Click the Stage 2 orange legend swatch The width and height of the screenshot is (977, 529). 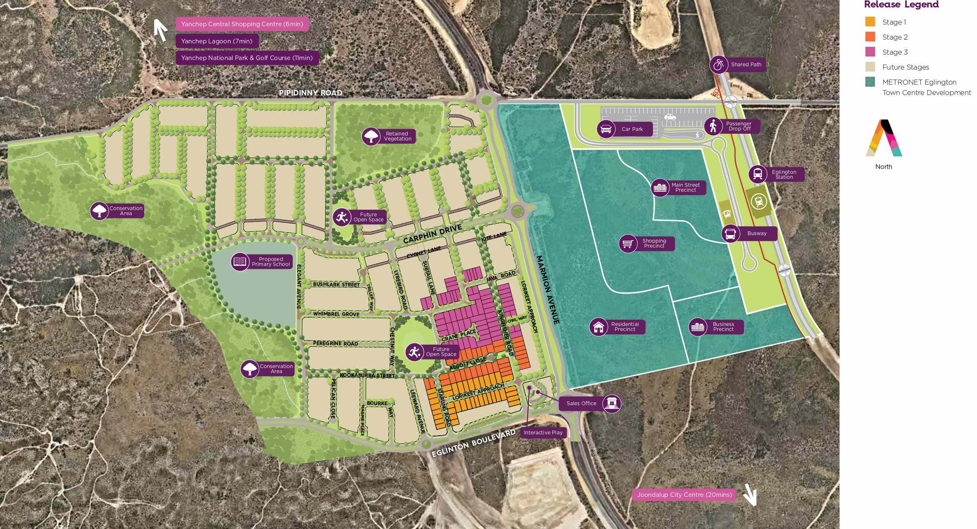870,37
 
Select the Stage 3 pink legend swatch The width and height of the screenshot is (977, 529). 870,52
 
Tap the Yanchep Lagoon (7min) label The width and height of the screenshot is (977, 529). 217,41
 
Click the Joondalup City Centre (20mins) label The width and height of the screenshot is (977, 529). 684,495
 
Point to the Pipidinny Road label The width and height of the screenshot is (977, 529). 310,93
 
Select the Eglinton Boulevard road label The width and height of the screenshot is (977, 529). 473,444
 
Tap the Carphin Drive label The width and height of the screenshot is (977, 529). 432,234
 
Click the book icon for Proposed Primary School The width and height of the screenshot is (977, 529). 240,262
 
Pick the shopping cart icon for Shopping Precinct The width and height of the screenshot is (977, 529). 628,243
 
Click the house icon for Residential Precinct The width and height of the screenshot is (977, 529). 598,327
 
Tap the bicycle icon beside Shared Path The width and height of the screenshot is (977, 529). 718,65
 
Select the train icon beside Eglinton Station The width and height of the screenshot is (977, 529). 758,174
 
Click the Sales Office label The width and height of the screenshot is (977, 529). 581,403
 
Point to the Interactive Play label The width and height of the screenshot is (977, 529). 543,433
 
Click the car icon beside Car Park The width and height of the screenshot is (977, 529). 606,129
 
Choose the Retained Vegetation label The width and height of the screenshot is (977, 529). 397,136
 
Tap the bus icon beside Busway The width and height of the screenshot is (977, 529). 730,233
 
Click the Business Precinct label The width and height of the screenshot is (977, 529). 723,327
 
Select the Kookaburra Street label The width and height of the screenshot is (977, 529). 367,375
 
